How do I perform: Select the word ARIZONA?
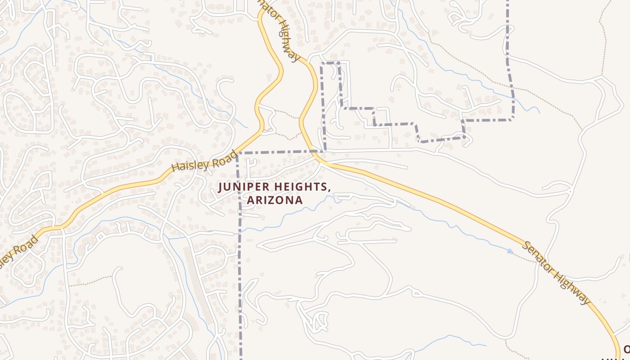[x=274, y=200]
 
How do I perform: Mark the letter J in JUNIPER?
[x=220, y=187]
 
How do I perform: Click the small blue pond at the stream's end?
[x=510, y=251]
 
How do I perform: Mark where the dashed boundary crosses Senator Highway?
[x=312, y=151]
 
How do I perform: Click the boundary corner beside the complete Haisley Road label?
[x=237, y=153]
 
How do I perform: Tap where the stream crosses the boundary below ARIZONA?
[x=239, y=231]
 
